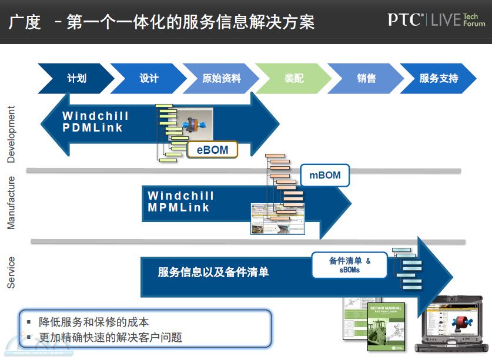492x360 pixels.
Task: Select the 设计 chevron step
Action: tap(149, 79)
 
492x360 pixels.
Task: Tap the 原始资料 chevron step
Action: tap(221, 79)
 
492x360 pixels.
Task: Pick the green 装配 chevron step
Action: tap(293, 79)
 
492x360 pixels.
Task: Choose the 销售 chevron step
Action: tap(366, 79)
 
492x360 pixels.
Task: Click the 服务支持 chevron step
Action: tap(438, 79)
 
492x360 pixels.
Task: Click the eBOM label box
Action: tap(212, 150)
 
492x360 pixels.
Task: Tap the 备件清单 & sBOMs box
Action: tap(350, 265)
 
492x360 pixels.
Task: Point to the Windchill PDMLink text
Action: tap(95, 122)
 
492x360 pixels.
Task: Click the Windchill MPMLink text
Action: tap(180, 201)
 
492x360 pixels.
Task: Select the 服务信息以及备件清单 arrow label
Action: tap(213, 272)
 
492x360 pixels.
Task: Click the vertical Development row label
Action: tap(11, 134)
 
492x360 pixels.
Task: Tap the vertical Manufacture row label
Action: tap(11, 202)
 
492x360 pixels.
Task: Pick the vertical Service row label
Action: tap(11, 272)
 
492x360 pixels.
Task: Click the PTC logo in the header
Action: tap(405, 20)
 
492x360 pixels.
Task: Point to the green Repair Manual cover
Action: tap(384, 327)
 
